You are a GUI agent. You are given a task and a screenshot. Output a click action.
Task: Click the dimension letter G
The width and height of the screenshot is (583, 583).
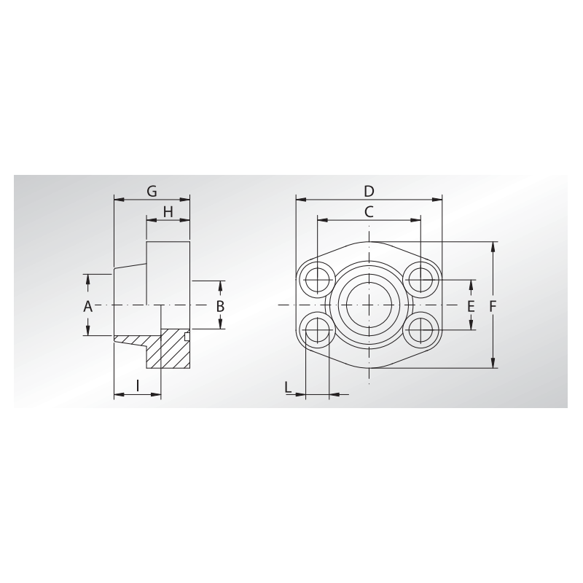coord(152,192)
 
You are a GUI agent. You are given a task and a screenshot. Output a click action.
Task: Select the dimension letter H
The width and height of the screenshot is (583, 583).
coord(168,212)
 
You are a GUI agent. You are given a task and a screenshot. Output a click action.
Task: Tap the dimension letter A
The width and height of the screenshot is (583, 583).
coord(87,307)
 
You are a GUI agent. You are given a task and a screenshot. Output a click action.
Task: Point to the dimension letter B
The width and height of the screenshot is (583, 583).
coord(220,307)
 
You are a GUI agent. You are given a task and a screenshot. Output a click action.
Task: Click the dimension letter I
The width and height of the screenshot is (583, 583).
coord(138,386)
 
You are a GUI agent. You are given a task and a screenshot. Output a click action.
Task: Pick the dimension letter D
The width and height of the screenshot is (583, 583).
coord(369,192)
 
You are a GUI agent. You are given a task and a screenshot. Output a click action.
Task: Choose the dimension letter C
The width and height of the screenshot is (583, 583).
coord(369,212)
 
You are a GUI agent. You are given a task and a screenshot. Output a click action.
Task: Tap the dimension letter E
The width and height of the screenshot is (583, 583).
coord(471,307)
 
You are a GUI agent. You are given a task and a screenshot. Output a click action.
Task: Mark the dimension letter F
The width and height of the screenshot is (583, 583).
coord(493,307)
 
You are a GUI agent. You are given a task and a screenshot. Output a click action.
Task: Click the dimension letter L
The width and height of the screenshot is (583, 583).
coord(288,388)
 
